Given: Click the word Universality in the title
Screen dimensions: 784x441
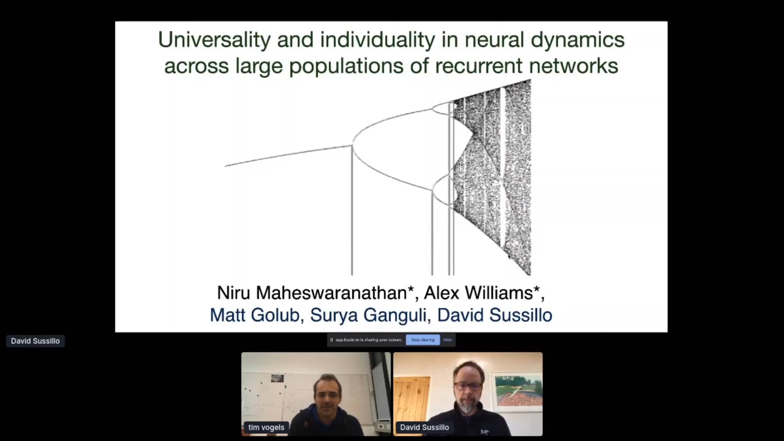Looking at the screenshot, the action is pyautogui.click(x=214, y=40).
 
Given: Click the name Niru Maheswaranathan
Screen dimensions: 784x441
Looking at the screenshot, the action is pyautogui.click(x=312, y=293).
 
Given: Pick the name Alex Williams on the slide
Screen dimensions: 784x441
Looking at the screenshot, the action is pyautogui.click(x=479, y=293).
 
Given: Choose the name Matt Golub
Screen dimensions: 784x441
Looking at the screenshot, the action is pyautogui.click(x=254, y=315).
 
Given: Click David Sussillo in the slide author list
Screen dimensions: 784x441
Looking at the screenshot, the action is pyautogui.click(x=494, y=315).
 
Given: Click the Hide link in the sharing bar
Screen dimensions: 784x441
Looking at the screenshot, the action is pyautogui.click(x=448, y=340).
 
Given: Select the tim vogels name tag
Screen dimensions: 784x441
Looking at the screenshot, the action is pyautogui.click(x=266, y=427).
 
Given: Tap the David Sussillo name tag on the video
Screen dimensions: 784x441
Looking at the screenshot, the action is pyautogui.click(x=424, y=427).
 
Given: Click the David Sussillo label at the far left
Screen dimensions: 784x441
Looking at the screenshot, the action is pyautogui.click(x=36, y=341).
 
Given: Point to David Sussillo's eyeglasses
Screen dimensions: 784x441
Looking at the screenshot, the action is pyautogui.click(x=468, y=386).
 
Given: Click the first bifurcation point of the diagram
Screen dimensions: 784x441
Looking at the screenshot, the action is pyautogui.click(x=352, y=145).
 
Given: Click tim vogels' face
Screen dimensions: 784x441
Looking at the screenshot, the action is pyautogui.click(x=327, y=393).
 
